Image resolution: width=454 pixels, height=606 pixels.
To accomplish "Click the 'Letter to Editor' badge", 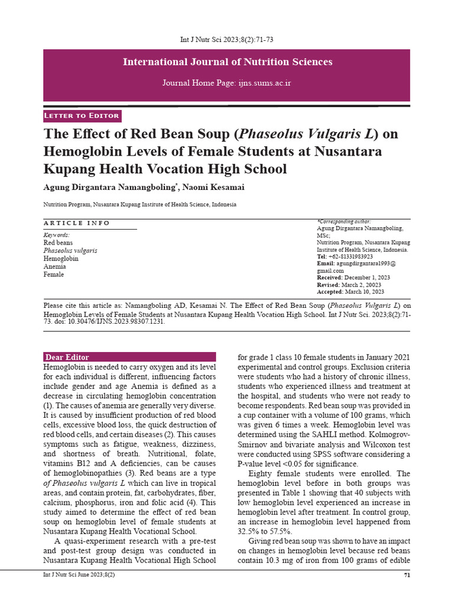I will click(x=82, y=115).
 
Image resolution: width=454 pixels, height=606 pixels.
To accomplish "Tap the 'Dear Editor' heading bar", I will click(x=130, y=357).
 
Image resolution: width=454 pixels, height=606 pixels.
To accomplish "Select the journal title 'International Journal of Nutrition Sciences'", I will click(x=227, y=62).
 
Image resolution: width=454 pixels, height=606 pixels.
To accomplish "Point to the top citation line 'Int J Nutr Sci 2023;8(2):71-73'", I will click(x=226, y=40).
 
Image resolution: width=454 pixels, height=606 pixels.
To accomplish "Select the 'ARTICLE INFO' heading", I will click(x=77, y=223).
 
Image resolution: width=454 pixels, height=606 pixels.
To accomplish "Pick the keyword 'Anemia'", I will click(x=54, y=267).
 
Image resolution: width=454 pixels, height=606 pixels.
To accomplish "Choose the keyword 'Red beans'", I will click(x=59, y=243).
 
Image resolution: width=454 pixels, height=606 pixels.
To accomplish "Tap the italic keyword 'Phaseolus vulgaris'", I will click(x=70, y=251).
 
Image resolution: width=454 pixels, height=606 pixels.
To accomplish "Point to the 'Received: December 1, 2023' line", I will click(x=353, y=278).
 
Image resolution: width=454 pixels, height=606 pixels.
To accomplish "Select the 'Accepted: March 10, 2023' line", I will click(x=350, y=292).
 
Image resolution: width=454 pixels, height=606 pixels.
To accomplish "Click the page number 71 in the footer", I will click(x=406, y=575).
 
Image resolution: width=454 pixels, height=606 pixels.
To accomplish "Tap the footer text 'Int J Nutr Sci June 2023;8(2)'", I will click(x=79, y=575).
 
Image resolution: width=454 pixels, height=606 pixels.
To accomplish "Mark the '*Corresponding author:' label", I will click(x=343, y=221).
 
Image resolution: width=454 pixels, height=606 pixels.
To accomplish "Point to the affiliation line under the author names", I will click(x=140, y=204).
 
